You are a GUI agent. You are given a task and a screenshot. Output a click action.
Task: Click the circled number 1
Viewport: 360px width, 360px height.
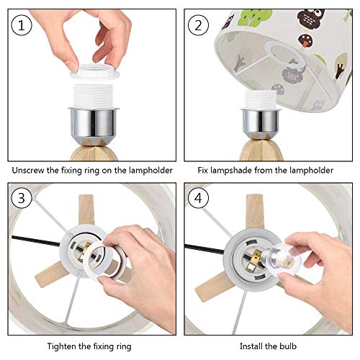(x=22, y=25)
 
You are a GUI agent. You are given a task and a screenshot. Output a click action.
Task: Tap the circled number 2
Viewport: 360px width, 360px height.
(x=198, y=25)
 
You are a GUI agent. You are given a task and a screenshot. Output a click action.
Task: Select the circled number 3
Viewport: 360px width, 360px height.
(x=22, y=198)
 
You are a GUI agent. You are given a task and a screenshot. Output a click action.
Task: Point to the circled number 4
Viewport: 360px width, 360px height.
(x=198, y=198)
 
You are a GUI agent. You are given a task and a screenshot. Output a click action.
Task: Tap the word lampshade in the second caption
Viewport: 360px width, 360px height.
(x=231, y=171)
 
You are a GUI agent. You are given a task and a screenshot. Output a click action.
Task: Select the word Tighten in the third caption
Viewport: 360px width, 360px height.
(x=61, y=346)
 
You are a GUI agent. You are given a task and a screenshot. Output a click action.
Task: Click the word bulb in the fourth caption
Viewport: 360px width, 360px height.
(x=288, y=346)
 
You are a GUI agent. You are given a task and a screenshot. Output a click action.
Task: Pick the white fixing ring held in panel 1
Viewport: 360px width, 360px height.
(x=94, y=71)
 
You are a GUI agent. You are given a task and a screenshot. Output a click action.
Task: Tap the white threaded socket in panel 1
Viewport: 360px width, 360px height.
(x=94, y=96)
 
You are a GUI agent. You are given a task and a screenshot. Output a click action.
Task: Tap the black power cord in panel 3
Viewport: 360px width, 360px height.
(x=36, y=240)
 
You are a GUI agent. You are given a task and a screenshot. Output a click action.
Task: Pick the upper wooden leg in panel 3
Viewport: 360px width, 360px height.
(x=86, y=210)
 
